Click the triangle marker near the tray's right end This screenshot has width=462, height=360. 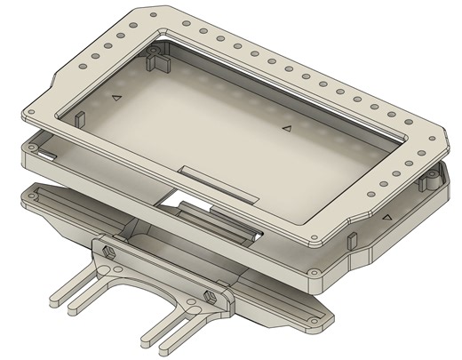click(286, 129)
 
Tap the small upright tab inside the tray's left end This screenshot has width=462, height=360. click(78, 116)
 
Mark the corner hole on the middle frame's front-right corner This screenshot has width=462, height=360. click(313, 273)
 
